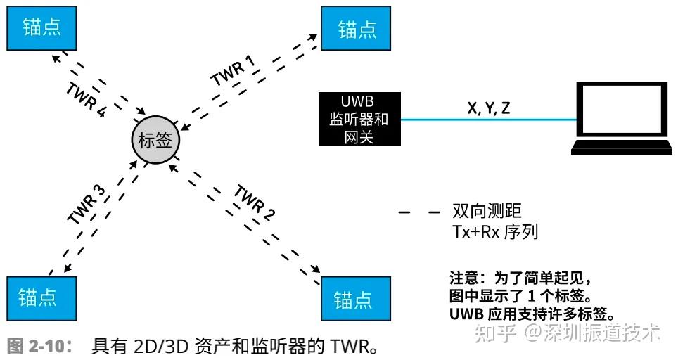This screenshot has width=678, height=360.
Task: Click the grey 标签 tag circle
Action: pos(155,139)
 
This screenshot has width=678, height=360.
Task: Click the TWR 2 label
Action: pos(255,202)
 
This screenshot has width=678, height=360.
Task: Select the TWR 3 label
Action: pos(87,205)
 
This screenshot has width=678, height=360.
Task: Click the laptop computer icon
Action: pos(619,118)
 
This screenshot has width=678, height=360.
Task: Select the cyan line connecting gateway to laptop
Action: pos(489,120)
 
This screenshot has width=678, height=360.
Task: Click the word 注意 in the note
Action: pos(463,277)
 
